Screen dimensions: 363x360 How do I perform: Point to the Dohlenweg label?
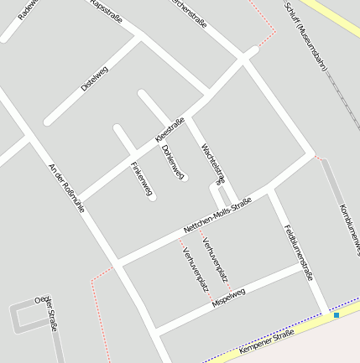pos(172,161)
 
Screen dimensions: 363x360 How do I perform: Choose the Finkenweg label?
pos(141,179)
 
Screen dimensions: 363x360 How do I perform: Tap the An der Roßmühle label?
pos(67,188)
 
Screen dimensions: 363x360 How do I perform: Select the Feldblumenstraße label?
pos(298,251)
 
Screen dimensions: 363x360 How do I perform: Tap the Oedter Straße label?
pos(46,312)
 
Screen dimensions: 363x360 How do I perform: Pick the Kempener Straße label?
pos(267,339)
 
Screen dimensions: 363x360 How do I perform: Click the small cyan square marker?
pos(336,316)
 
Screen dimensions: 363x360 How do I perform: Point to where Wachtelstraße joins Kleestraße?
pos(189,118)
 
